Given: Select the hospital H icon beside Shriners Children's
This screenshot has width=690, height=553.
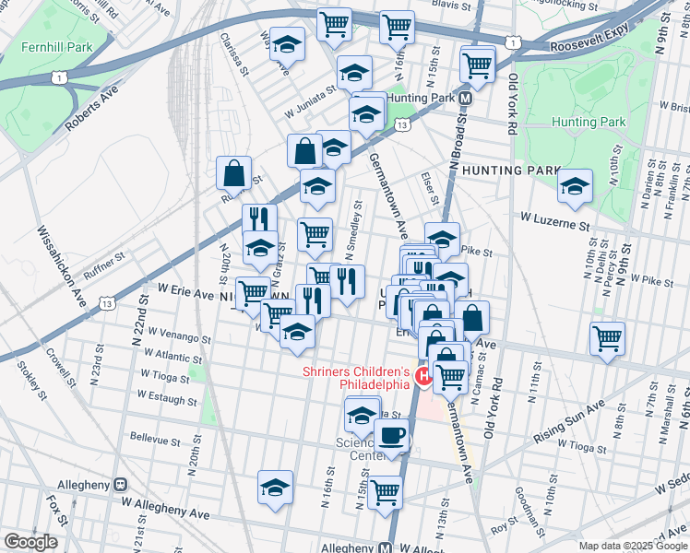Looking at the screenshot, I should click(x=424, y=376).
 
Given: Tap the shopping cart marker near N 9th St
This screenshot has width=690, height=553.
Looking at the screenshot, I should click(x=607, y=338).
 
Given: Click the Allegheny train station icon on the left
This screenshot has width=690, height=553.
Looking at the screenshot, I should click(x=119, y=484).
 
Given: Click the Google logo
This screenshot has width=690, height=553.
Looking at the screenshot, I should click(x=30, y=543).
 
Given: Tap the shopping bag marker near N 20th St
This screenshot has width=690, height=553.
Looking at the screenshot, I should click(x=234, y=171).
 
